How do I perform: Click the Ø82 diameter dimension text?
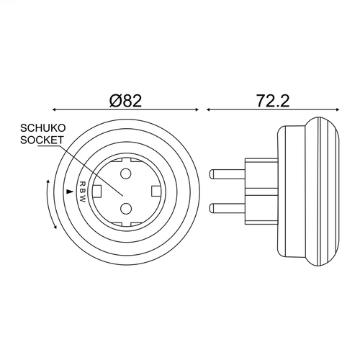point(126,101)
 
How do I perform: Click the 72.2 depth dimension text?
point(273,101)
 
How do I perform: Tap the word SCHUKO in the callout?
point(42,128)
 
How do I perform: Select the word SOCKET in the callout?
point(42,140)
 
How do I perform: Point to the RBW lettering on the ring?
point(82,192)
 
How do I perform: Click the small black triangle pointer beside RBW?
point(69,192)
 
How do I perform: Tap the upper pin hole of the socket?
point(125,174)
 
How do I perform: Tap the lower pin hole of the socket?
point(125,208)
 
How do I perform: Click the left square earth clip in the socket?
point(97,192)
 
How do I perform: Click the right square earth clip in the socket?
point(156,192)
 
